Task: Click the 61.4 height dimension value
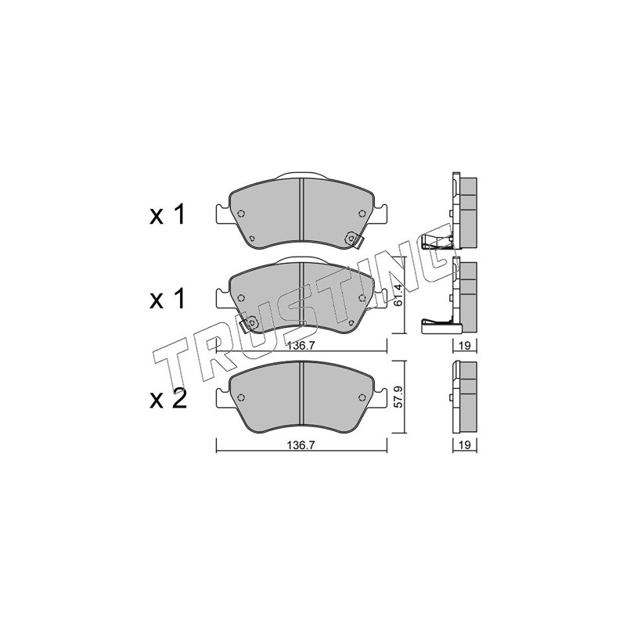[397, 296]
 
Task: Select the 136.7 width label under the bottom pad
[301, 445]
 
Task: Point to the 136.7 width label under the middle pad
[301, 346]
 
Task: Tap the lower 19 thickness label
[464, 444]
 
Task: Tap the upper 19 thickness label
[464, 346]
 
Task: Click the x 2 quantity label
[168, 399]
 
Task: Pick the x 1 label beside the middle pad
[167, 299]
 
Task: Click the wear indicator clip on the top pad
[354, 239]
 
